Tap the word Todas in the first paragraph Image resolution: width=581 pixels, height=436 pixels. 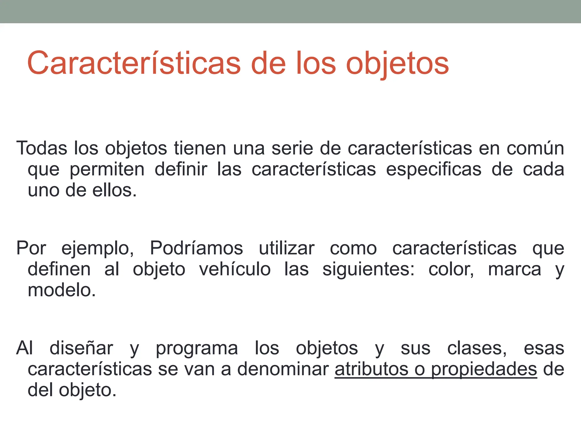[42, 148]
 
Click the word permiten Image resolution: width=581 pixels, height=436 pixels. [107, 169]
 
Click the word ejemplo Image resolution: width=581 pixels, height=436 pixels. [98, 249]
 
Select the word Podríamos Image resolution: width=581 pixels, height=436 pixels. [196, 248]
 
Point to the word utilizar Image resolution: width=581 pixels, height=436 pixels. [287, 248]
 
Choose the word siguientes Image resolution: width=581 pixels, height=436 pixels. [368, 270]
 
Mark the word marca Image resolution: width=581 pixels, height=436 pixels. [514, 270]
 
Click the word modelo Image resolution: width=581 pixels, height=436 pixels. [62, 290]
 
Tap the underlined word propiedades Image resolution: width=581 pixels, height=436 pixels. [484, 370]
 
